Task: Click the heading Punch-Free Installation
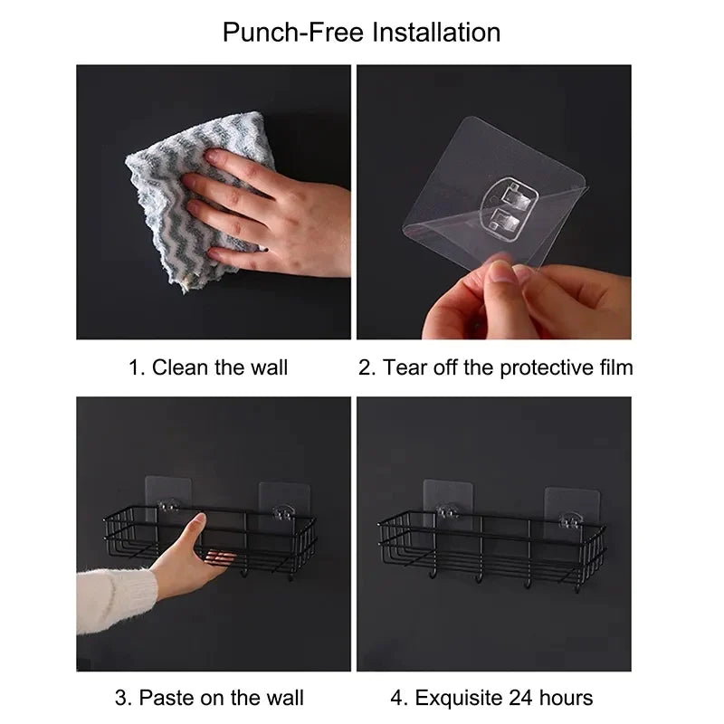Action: pyautogui.click(x=361, y=33)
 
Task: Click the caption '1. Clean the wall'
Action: pyautogui.click(x=208, y=367)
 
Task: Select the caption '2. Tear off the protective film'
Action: pyautogui.click(x=495, y=367)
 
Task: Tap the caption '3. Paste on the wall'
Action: pyautogui.click(x=209, y=698)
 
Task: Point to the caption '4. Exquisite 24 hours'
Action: pyautogui.click(x=491, y=698)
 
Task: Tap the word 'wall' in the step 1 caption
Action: pyautogui.click(x=269, y=367)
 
